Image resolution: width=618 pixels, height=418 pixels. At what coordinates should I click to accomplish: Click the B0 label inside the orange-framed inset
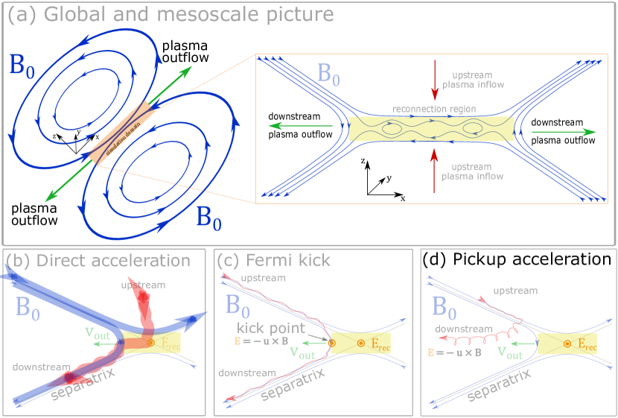pos(328,75)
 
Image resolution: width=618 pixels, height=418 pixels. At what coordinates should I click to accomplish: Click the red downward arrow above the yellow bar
pos(436,80)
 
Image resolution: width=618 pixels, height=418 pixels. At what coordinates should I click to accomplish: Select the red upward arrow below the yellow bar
pos(435,171)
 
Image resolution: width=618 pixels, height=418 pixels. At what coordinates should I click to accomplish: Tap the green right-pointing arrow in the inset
pos(564,132)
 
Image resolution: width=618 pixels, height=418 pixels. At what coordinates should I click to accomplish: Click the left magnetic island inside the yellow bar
pos(392,128)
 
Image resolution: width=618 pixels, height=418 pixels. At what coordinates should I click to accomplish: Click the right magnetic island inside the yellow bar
pos(474,128)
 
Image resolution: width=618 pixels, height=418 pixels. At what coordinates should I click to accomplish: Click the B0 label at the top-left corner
pos(22,66)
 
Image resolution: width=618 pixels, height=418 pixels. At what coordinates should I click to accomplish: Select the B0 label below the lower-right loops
pos(208,218)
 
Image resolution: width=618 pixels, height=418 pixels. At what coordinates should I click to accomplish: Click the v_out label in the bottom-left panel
pos(98,334)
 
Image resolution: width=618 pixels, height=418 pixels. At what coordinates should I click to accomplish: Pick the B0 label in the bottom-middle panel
pos(238,305)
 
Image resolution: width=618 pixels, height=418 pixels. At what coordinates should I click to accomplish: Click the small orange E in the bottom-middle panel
pos(238,341)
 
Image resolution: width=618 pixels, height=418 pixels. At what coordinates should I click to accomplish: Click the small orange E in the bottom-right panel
pos(430,352)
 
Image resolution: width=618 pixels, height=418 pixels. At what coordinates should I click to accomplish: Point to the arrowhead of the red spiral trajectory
pos(442,338)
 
